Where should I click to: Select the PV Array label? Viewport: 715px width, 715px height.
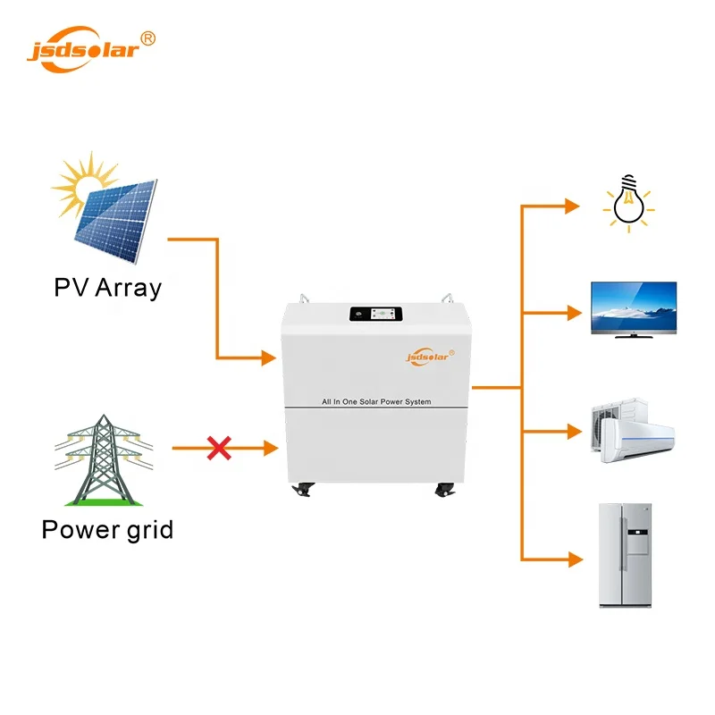point(107,288)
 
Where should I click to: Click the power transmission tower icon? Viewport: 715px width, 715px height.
point(105,460)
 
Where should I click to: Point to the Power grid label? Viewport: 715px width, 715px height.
point(107,529)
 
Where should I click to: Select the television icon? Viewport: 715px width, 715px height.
point(633,309)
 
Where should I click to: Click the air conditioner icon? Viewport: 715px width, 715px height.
point(633,432)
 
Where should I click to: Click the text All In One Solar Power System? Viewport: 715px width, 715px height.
point(376,402)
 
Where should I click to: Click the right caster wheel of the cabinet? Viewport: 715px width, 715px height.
point(444,490)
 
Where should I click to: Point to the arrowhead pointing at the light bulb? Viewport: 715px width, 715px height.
point(572,206)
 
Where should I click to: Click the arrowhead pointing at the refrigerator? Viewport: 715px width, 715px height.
point(572,560)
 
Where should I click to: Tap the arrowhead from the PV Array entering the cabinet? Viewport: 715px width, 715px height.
point(267,358)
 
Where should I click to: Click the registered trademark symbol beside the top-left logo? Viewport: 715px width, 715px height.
point(148,38)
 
